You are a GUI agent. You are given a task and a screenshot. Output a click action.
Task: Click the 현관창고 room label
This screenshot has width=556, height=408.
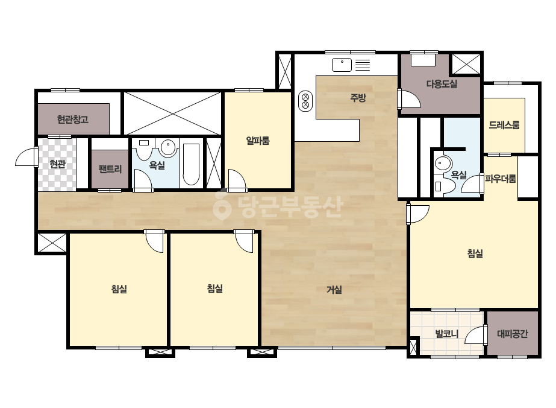coord(73,120)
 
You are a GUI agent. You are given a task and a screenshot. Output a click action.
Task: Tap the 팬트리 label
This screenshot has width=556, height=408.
coord(110,169)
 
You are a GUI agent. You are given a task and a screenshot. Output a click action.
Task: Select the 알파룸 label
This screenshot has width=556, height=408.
coord(258,141)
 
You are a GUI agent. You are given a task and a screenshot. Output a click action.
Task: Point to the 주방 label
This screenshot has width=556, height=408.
coord(358,97)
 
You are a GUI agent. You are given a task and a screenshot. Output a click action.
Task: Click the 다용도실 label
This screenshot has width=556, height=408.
coord(442,84)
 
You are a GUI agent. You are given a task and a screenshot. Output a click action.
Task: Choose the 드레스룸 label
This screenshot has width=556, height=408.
coord(504,125)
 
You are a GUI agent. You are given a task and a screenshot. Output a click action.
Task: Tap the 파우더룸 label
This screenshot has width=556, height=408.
coord(501,179)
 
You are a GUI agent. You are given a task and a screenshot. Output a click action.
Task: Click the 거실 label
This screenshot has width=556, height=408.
coord(334,290)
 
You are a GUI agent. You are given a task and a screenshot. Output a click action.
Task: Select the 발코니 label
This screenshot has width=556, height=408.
coord(447,334)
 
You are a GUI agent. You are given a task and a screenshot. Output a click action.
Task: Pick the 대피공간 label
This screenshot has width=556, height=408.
coord(513,334)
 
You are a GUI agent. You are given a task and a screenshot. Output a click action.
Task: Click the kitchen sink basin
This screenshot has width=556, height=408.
coord(342,65)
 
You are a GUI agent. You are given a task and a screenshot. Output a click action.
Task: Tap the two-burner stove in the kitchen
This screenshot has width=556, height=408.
coord(305,101)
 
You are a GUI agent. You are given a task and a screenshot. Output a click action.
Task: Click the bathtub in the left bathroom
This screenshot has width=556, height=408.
coord(191,165)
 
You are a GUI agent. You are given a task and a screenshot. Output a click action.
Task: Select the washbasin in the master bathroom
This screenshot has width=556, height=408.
coord(443,164)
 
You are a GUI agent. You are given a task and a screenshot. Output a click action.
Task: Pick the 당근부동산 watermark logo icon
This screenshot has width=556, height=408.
coord(222,206)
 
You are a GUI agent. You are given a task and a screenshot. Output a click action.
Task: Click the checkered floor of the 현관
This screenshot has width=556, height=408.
coord(57,165)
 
